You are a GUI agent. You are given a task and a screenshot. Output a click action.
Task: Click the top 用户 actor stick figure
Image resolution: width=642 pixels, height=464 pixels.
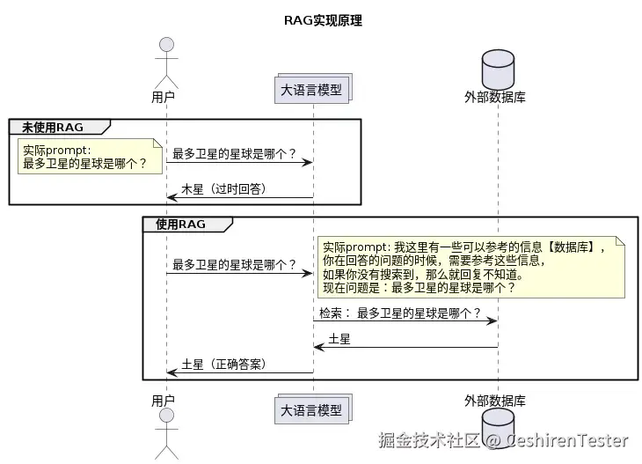pos(164,61)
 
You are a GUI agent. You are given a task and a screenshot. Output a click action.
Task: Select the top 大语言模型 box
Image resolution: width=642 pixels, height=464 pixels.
pos(312,89)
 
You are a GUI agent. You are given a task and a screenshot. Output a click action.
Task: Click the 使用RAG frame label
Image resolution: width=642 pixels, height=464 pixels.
pos(181,225)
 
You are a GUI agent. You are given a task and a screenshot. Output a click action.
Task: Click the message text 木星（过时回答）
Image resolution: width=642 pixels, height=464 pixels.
pos(223,189)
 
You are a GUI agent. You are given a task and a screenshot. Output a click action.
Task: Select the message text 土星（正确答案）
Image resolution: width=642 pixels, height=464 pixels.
pos(223,364)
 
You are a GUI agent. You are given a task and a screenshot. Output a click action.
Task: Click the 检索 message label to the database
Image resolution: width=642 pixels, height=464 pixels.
pos(399,313)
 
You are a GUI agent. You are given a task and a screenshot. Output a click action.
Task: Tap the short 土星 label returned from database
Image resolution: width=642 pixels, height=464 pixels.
pos(339,339)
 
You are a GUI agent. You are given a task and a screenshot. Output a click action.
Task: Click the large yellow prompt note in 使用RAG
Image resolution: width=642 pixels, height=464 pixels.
pos(471,268)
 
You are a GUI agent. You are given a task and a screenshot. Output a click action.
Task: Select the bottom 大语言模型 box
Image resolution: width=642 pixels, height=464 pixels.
pos(312,410)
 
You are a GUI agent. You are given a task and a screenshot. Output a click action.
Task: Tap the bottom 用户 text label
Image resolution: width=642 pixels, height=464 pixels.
pos(163,401)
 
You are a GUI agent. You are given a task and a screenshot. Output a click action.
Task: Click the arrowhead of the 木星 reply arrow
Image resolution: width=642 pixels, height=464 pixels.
pos(171,197)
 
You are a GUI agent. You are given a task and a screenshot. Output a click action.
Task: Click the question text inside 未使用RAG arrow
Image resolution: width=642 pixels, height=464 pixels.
pos(234,154)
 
